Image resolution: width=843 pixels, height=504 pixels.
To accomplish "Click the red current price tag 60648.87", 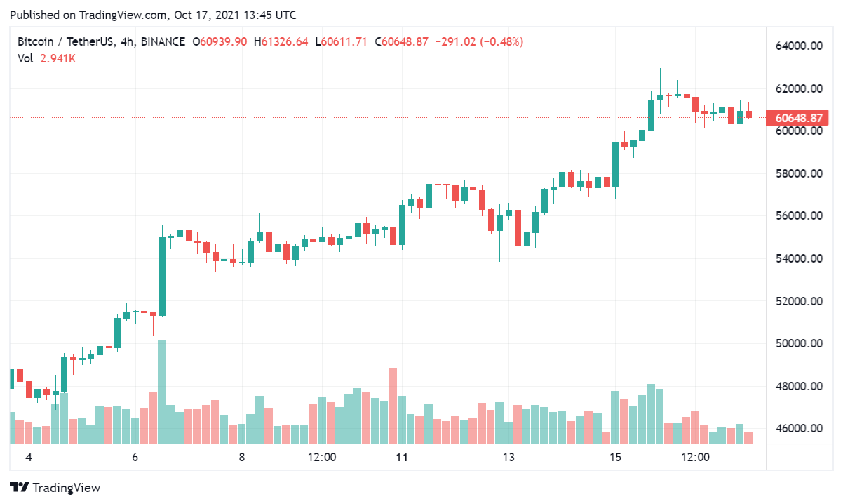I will tap(797, 117).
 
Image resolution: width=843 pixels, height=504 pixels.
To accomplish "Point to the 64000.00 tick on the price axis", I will tap(797, 46).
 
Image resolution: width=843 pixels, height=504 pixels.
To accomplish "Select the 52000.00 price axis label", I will tap(797, 301).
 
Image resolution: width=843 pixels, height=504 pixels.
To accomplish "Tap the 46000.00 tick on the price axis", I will tap(797, 428).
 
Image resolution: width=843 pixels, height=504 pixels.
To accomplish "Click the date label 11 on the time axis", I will tap(402, 458).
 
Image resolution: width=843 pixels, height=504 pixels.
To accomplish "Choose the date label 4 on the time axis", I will tap(29, 458).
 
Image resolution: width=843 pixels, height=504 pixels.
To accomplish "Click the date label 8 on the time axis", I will tap(242, 458).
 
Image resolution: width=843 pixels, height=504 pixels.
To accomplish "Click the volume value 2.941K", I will tap(58, 59).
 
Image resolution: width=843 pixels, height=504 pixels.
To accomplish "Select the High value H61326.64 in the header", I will tap(281, 42).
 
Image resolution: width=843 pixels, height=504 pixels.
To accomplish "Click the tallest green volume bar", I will tap(162, 392).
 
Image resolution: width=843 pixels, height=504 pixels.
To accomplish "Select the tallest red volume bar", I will tap(393, 406).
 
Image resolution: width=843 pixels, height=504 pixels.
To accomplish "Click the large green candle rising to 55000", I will tap(162, 277).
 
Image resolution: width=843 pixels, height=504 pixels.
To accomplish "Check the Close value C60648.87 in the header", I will tap(402, 42).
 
